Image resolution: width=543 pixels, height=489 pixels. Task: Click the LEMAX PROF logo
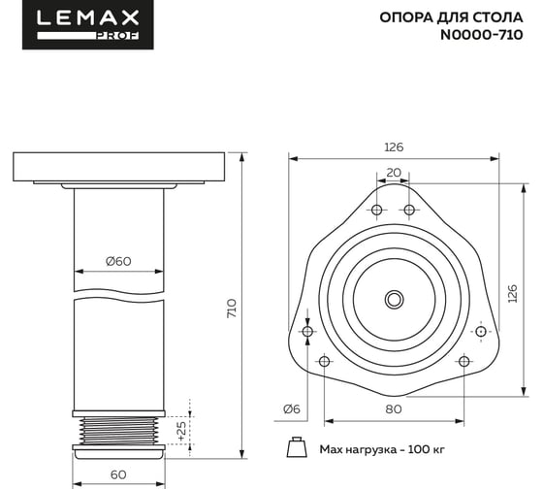click(x=88, y=24)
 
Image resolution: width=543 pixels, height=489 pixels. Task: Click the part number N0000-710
click(x=481, y=35)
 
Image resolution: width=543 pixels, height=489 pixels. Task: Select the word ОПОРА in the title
click(x=406, y=17)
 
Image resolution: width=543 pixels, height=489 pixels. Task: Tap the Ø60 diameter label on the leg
click(x=118, y=261)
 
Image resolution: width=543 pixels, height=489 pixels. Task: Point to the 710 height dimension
click(x=232, y=309)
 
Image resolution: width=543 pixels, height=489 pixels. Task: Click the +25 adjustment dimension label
click(x=181, y=431)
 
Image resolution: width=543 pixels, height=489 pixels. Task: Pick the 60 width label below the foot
click(x=118, y=474)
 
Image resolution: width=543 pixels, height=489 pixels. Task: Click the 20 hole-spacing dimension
click(x=394, y=173)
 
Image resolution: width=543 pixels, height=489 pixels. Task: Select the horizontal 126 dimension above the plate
click(x=394, y=147)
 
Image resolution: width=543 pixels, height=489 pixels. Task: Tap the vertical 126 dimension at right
click(x=513, y=293)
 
